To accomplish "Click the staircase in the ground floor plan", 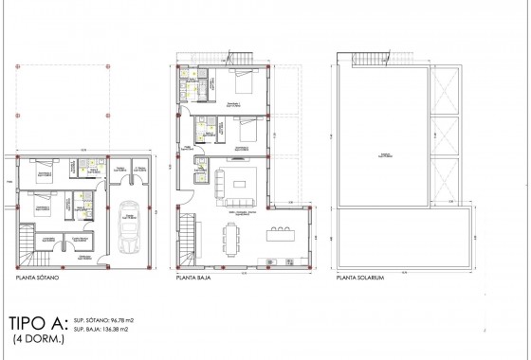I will tap(190, 233).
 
